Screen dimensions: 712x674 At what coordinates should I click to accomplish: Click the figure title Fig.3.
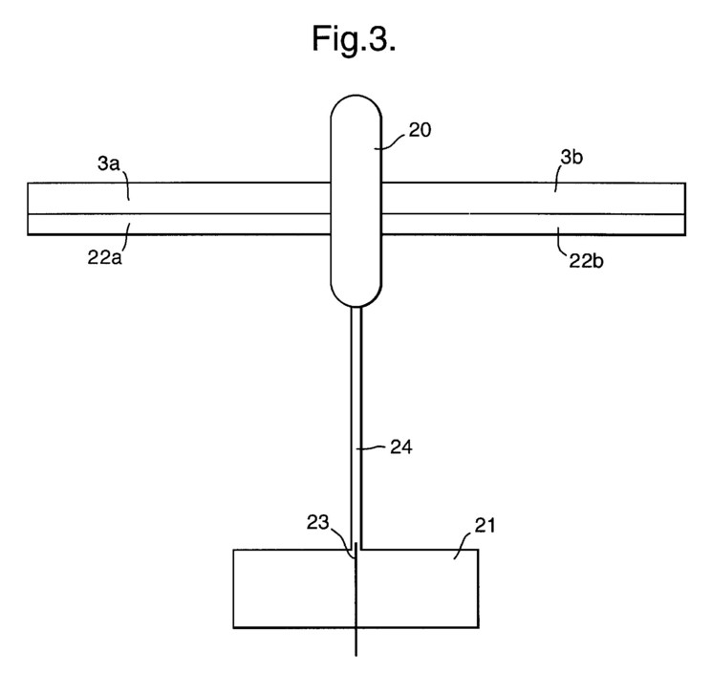[354, 39]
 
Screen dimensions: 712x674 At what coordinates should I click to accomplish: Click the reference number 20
[420, 130]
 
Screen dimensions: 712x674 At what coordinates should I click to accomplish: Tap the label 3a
[108, 163]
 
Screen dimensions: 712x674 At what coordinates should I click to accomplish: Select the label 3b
[572, 157]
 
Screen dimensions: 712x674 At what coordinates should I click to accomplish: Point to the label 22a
[105, 258]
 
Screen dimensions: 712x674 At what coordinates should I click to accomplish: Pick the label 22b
[586, 261]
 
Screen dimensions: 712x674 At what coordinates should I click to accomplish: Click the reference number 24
[401, 447]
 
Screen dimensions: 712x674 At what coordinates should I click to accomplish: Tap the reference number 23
[317, 522]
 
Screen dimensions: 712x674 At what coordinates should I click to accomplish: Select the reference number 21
[485, 526]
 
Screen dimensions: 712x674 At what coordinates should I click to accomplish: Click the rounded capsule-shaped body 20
[356, 201]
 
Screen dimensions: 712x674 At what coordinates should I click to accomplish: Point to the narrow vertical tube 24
[356, 427]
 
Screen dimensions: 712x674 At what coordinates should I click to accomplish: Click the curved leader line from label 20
[390, 141]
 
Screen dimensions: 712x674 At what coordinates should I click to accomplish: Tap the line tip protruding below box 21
[356, 656]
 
